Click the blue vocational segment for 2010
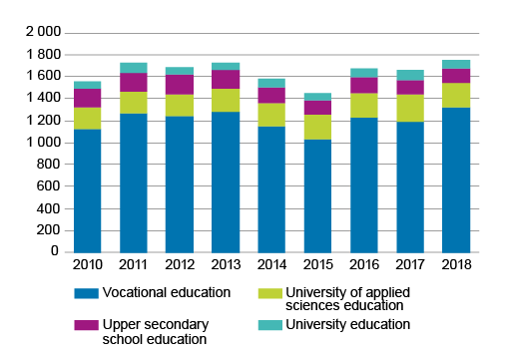tap(87, 190)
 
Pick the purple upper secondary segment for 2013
tap(226, 79)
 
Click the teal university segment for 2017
tap(409, 75)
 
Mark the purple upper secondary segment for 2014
tap(271, 95)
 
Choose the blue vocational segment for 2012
tap(180, 184)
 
